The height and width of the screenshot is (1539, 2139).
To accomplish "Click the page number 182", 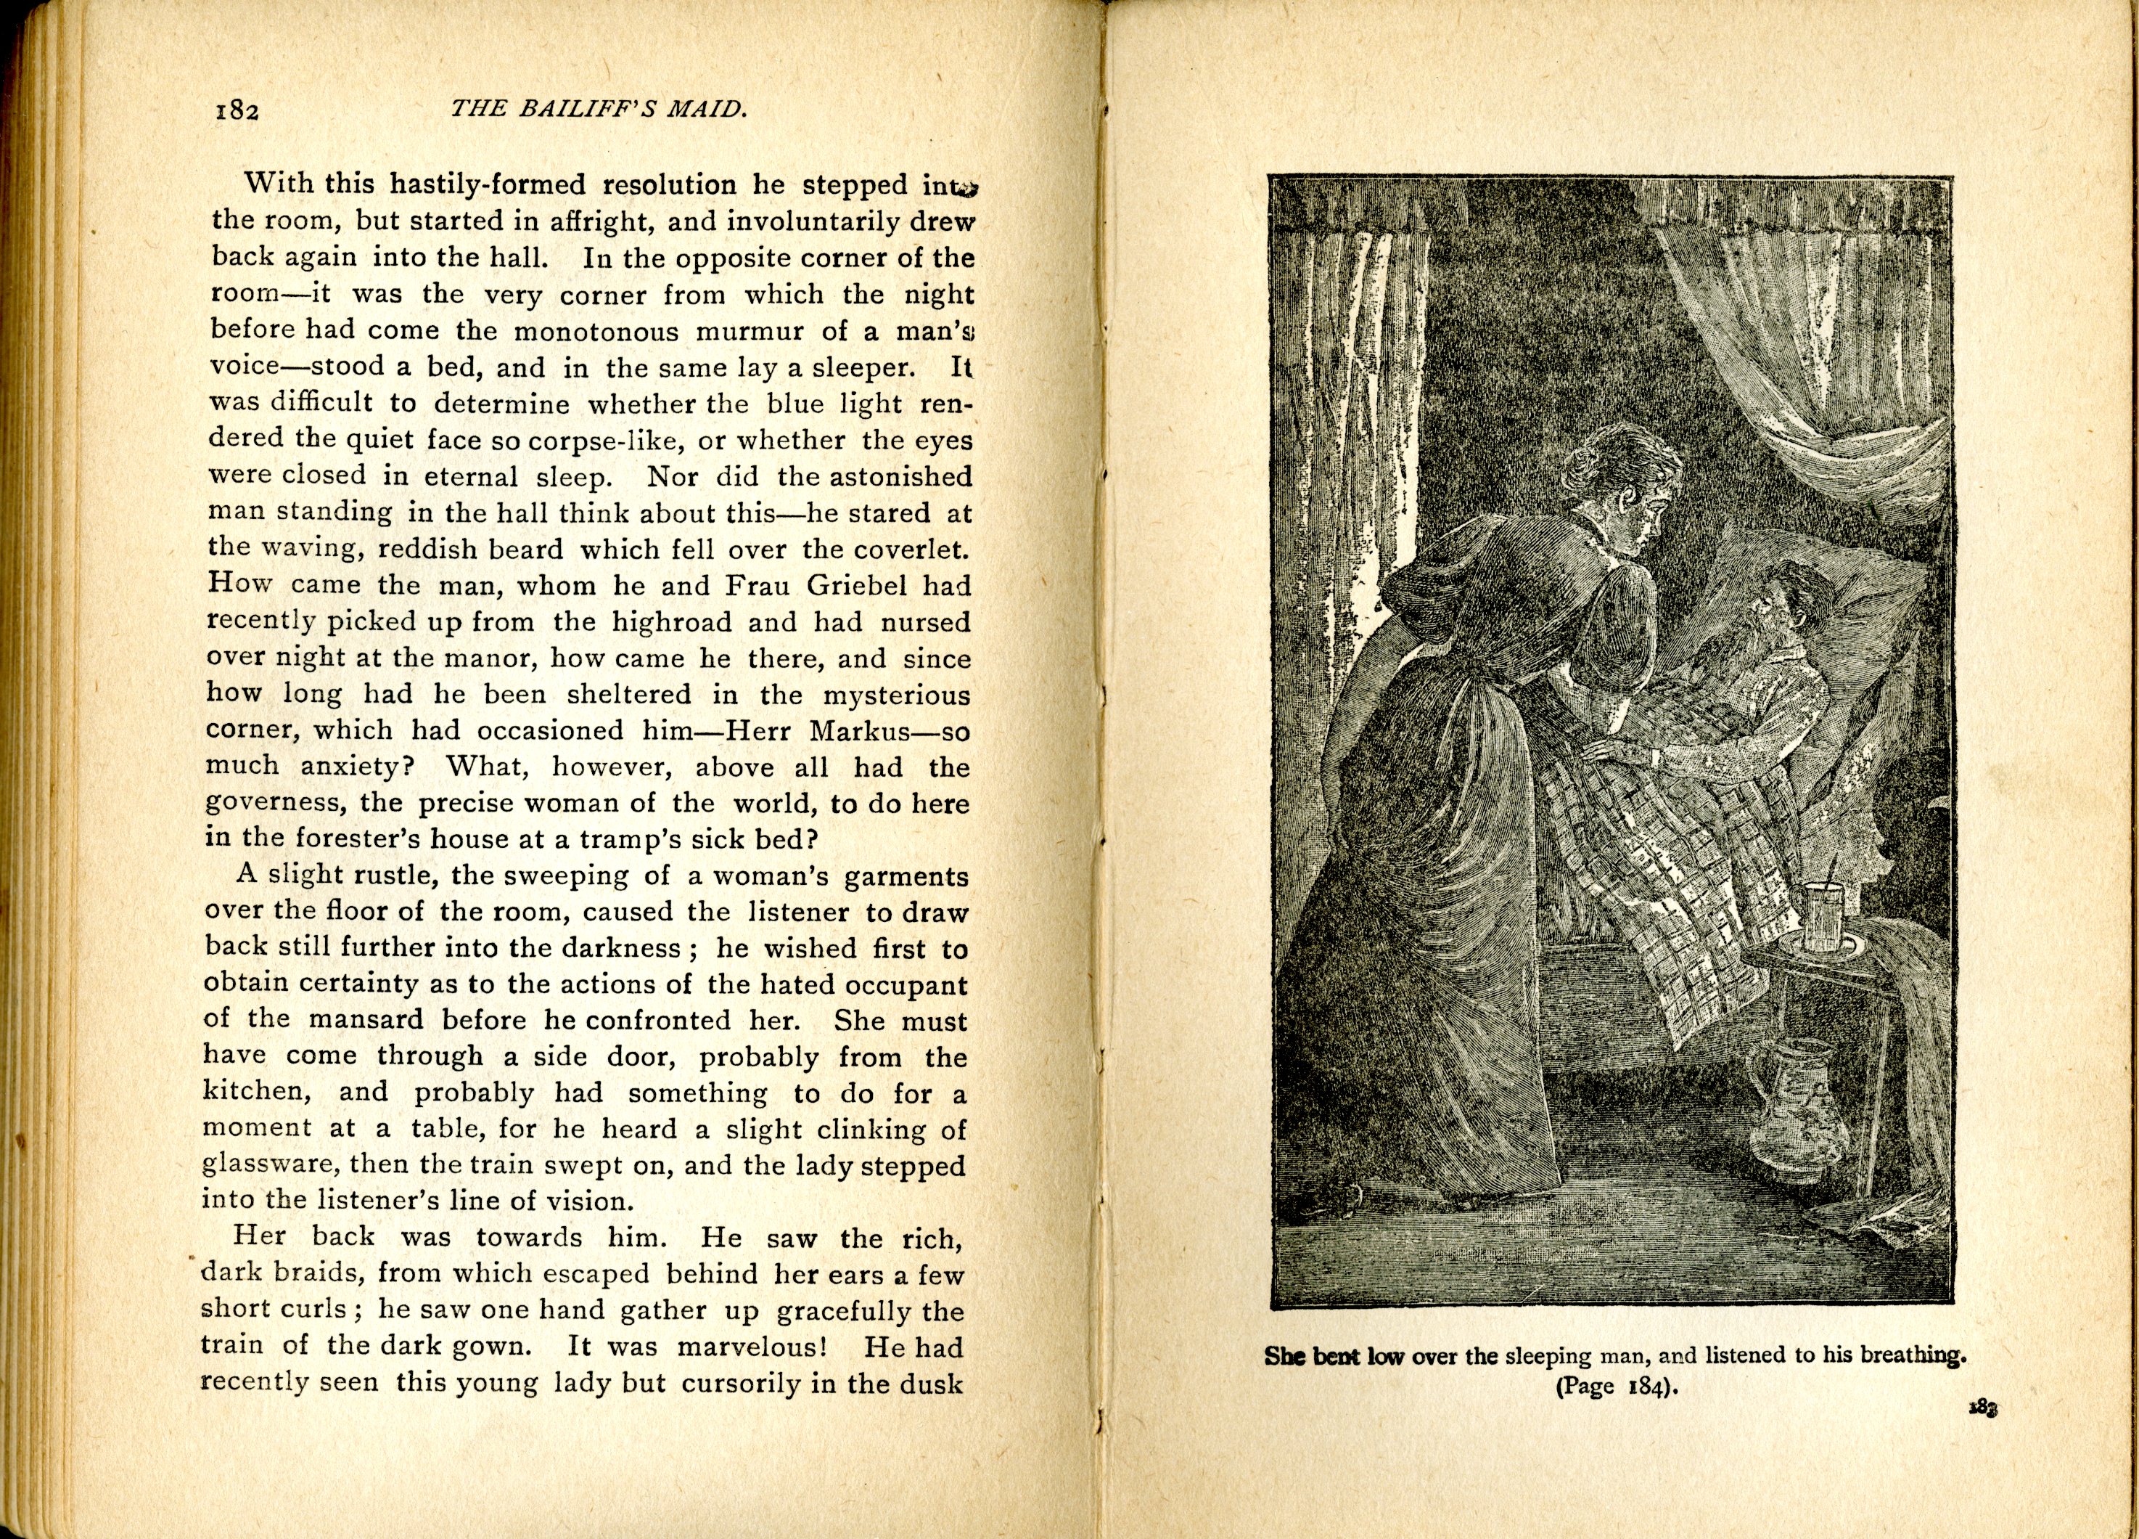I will coord(237,110).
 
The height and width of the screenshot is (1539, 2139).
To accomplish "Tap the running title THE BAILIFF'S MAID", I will coord(599,110).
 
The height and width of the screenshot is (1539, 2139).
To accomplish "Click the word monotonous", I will coord(596,331).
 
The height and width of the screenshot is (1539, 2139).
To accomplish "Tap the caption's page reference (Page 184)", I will coord(1617,1386).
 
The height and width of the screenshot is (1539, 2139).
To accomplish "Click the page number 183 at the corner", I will coord(1984,1409).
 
